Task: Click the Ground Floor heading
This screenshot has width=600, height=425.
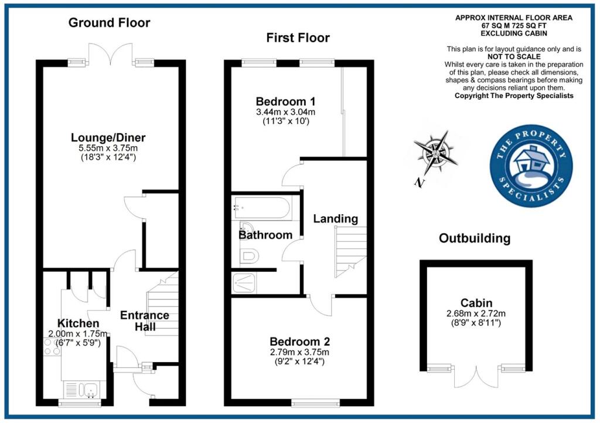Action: point(109,23)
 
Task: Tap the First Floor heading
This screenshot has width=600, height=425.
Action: point(298,38)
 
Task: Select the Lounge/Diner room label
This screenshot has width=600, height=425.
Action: point(108,138)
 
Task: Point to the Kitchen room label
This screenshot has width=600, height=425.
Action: point(78,323)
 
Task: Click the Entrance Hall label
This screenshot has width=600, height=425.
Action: point(145,321)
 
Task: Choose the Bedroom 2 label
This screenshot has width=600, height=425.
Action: point(299,342)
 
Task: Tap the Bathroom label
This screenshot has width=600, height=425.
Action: point(265,235)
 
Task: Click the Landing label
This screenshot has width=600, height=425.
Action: point(335,219)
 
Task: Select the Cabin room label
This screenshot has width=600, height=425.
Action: point(475,303)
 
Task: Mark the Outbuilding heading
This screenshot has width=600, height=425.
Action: point(475,238)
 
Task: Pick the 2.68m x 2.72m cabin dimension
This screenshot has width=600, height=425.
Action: point(475,313)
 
